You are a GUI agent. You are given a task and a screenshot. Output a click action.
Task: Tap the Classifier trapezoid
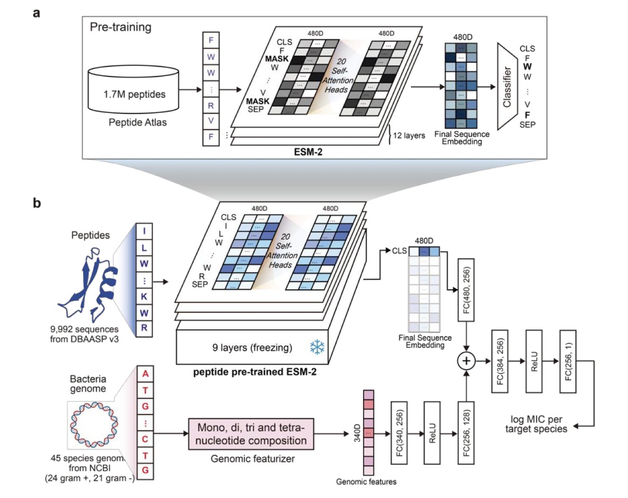click(x=507, y=87)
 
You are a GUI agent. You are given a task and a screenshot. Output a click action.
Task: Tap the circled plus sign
click(x=466, y=361)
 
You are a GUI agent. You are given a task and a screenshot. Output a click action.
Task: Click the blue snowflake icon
click(x=317, y=347)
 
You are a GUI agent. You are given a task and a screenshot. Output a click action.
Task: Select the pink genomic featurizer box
click(x=251, y=434)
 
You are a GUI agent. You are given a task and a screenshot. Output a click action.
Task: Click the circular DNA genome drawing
click(x=94, y=425)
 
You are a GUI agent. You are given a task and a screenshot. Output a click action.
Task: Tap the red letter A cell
click(x=145, y=374)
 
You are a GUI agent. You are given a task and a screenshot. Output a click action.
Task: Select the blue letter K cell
click(x=144, y=297)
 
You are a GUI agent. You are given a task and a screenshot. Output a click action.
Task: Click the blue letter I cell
click(x=144, y=232)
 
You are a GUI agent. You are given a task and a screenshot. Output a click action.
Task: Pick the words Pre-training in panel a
click(x=120, y=27)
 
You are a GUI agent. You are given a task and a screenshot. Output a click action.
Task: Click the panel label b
click(x=37, y=203)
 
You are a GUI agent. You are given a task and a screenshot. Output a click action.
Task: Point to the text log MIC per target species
click(x=536, y=424)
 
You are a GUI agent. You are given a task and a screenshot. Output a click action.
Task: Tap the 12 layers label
click(x=409, y=136)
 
